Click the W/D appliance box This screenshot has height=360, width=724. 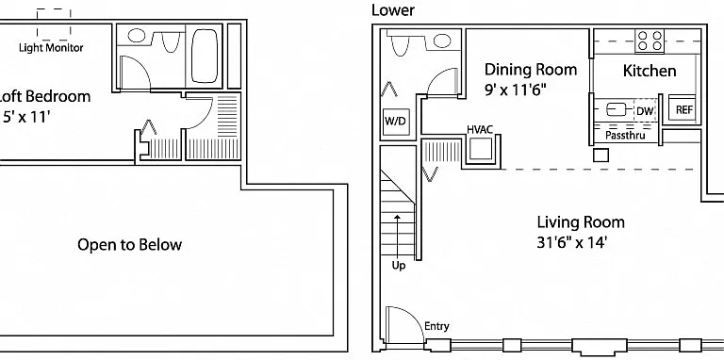pyautogui.click(x=397, y=122)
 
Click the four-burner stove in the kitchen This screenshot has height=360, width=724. pyautogui.click(x=650, y=41)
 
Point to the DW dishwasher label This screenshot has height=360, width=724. pyautogui.click(x=645, y=111)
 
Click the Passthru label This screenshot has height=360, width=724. pyautogui.click(x=625, y=136)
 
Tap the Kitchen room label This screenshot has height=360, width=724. pyautogui.click(x=650, y=71)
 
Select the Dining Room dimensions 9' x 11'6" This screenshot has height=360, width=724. pyautogui.click(x=515, y=90)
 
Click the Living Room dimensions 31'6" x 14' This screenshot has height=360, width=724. pyautogui.click(x=571, y=243)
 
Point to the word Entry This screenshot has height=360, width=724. pyautogui.click(x=436, y=327)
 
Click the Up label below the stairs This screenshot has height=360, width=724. pyautogui.click(x=399, y=266)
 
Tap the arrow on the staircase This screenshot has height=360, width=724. pyautogui.click(x=398, y=236)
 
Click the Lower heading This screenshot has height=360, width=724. pyautogui.click(x=393, y=10)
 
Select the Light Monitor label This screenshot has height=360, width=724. pyautogui.click(x=51, y=47)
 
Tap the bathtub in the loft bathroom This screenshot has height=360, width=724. pyautogui.click(x=204, y=56)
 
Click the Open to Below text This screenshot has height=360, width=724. pyautogui.click(x=129, y=245)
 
